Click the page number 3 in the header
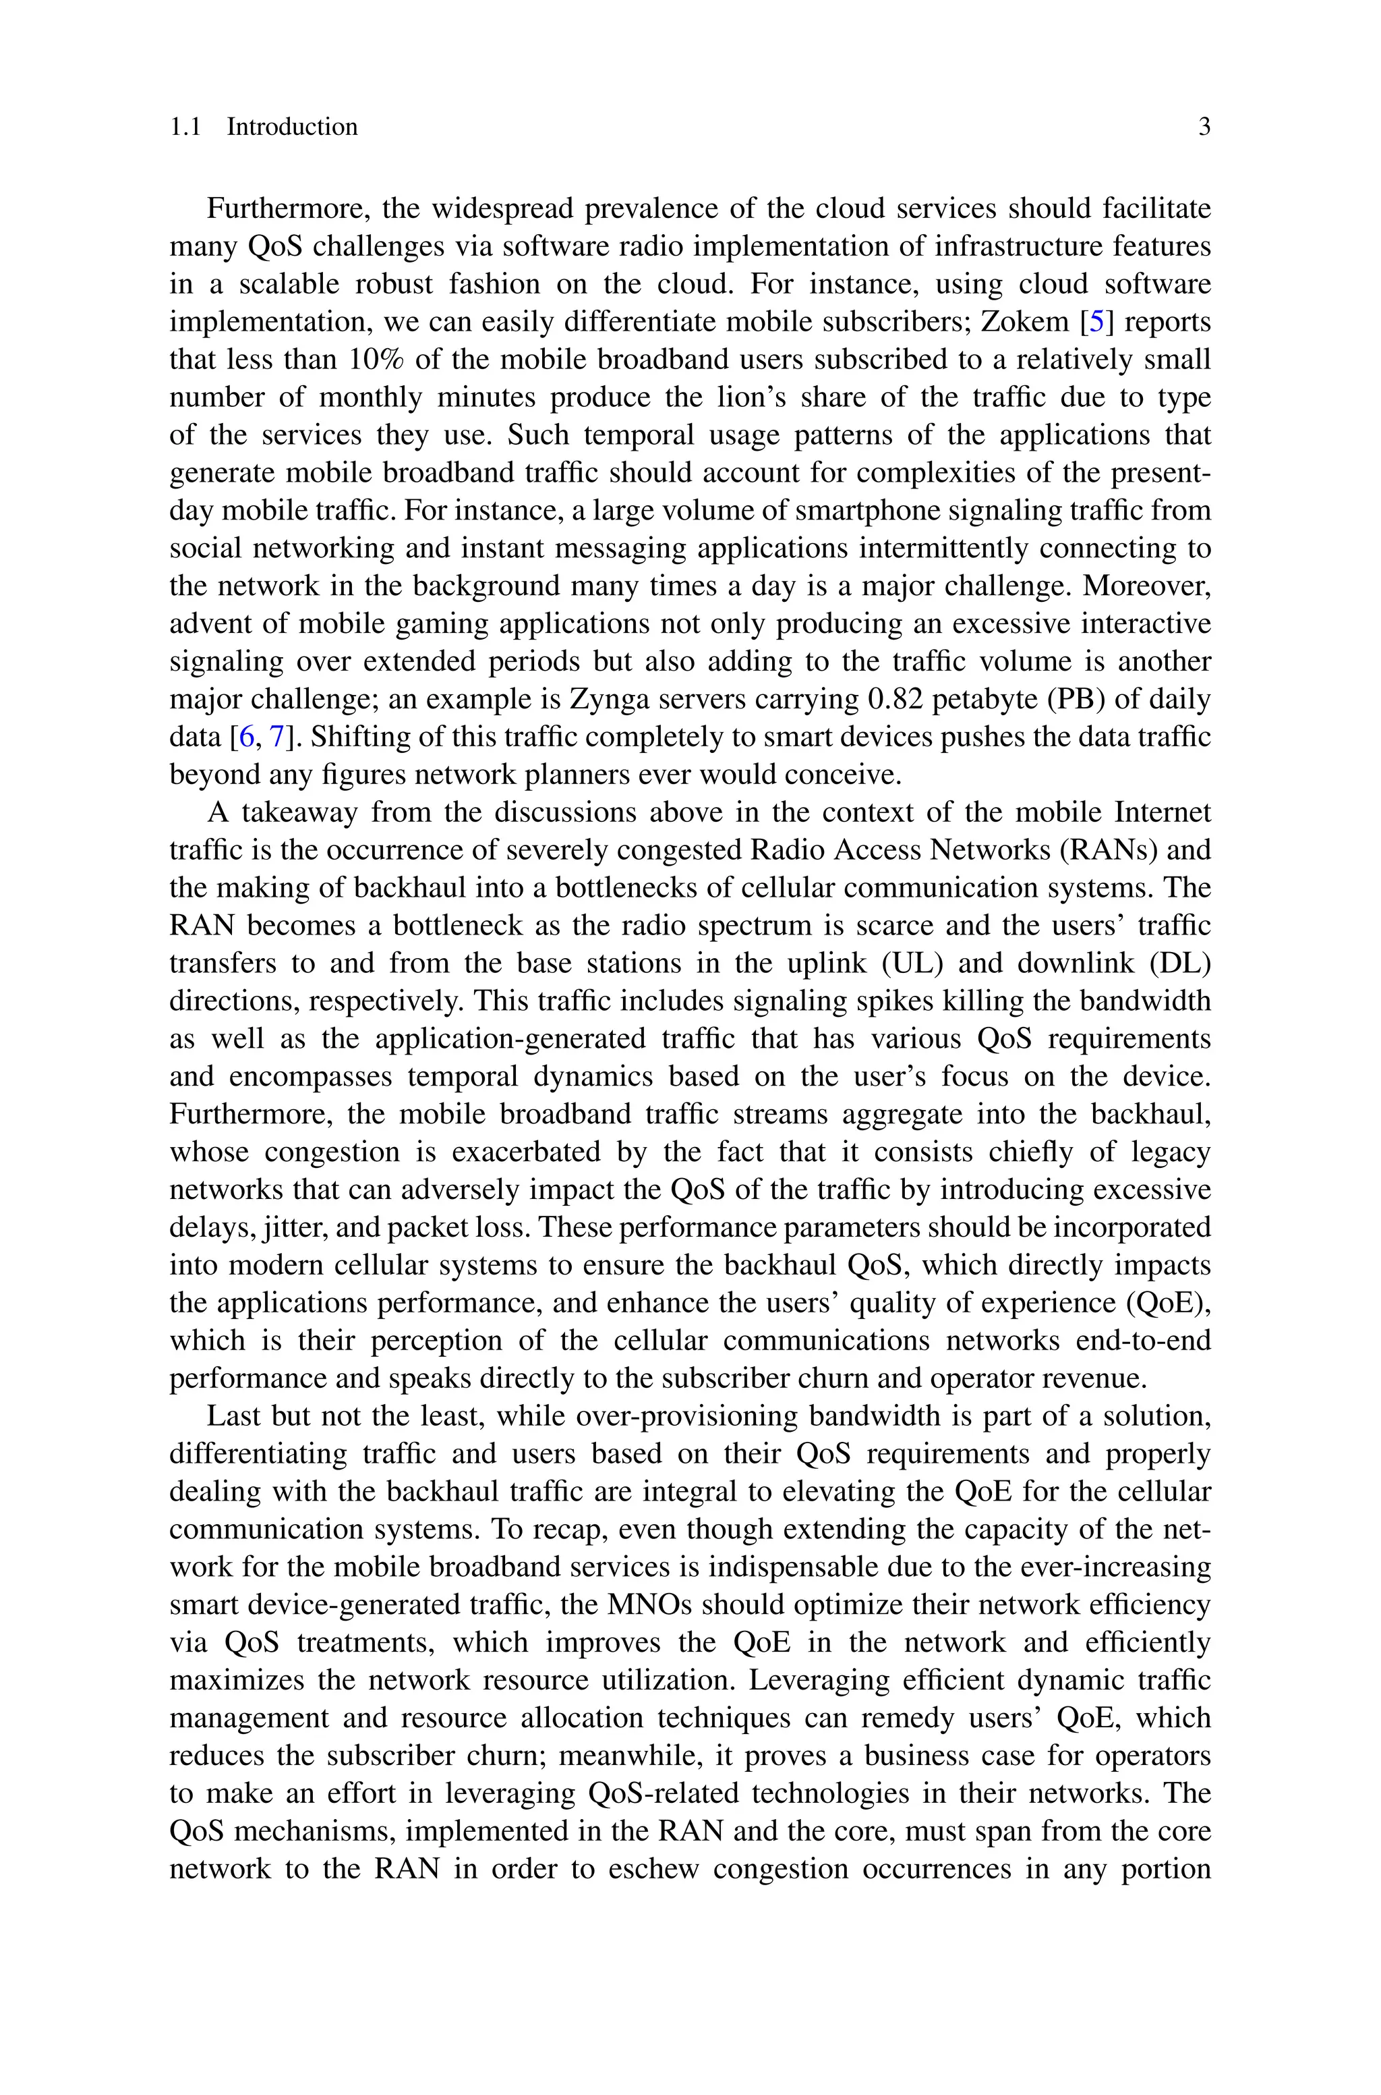tap(1204, 127)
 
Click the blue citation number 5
tap(1096, 322)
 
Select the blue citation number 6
tap(247, 737)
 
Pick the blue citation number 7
tap(276, 737)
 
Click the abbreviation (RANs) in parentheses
tap(1111, 849)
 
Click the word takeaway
tap(299, 812)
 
